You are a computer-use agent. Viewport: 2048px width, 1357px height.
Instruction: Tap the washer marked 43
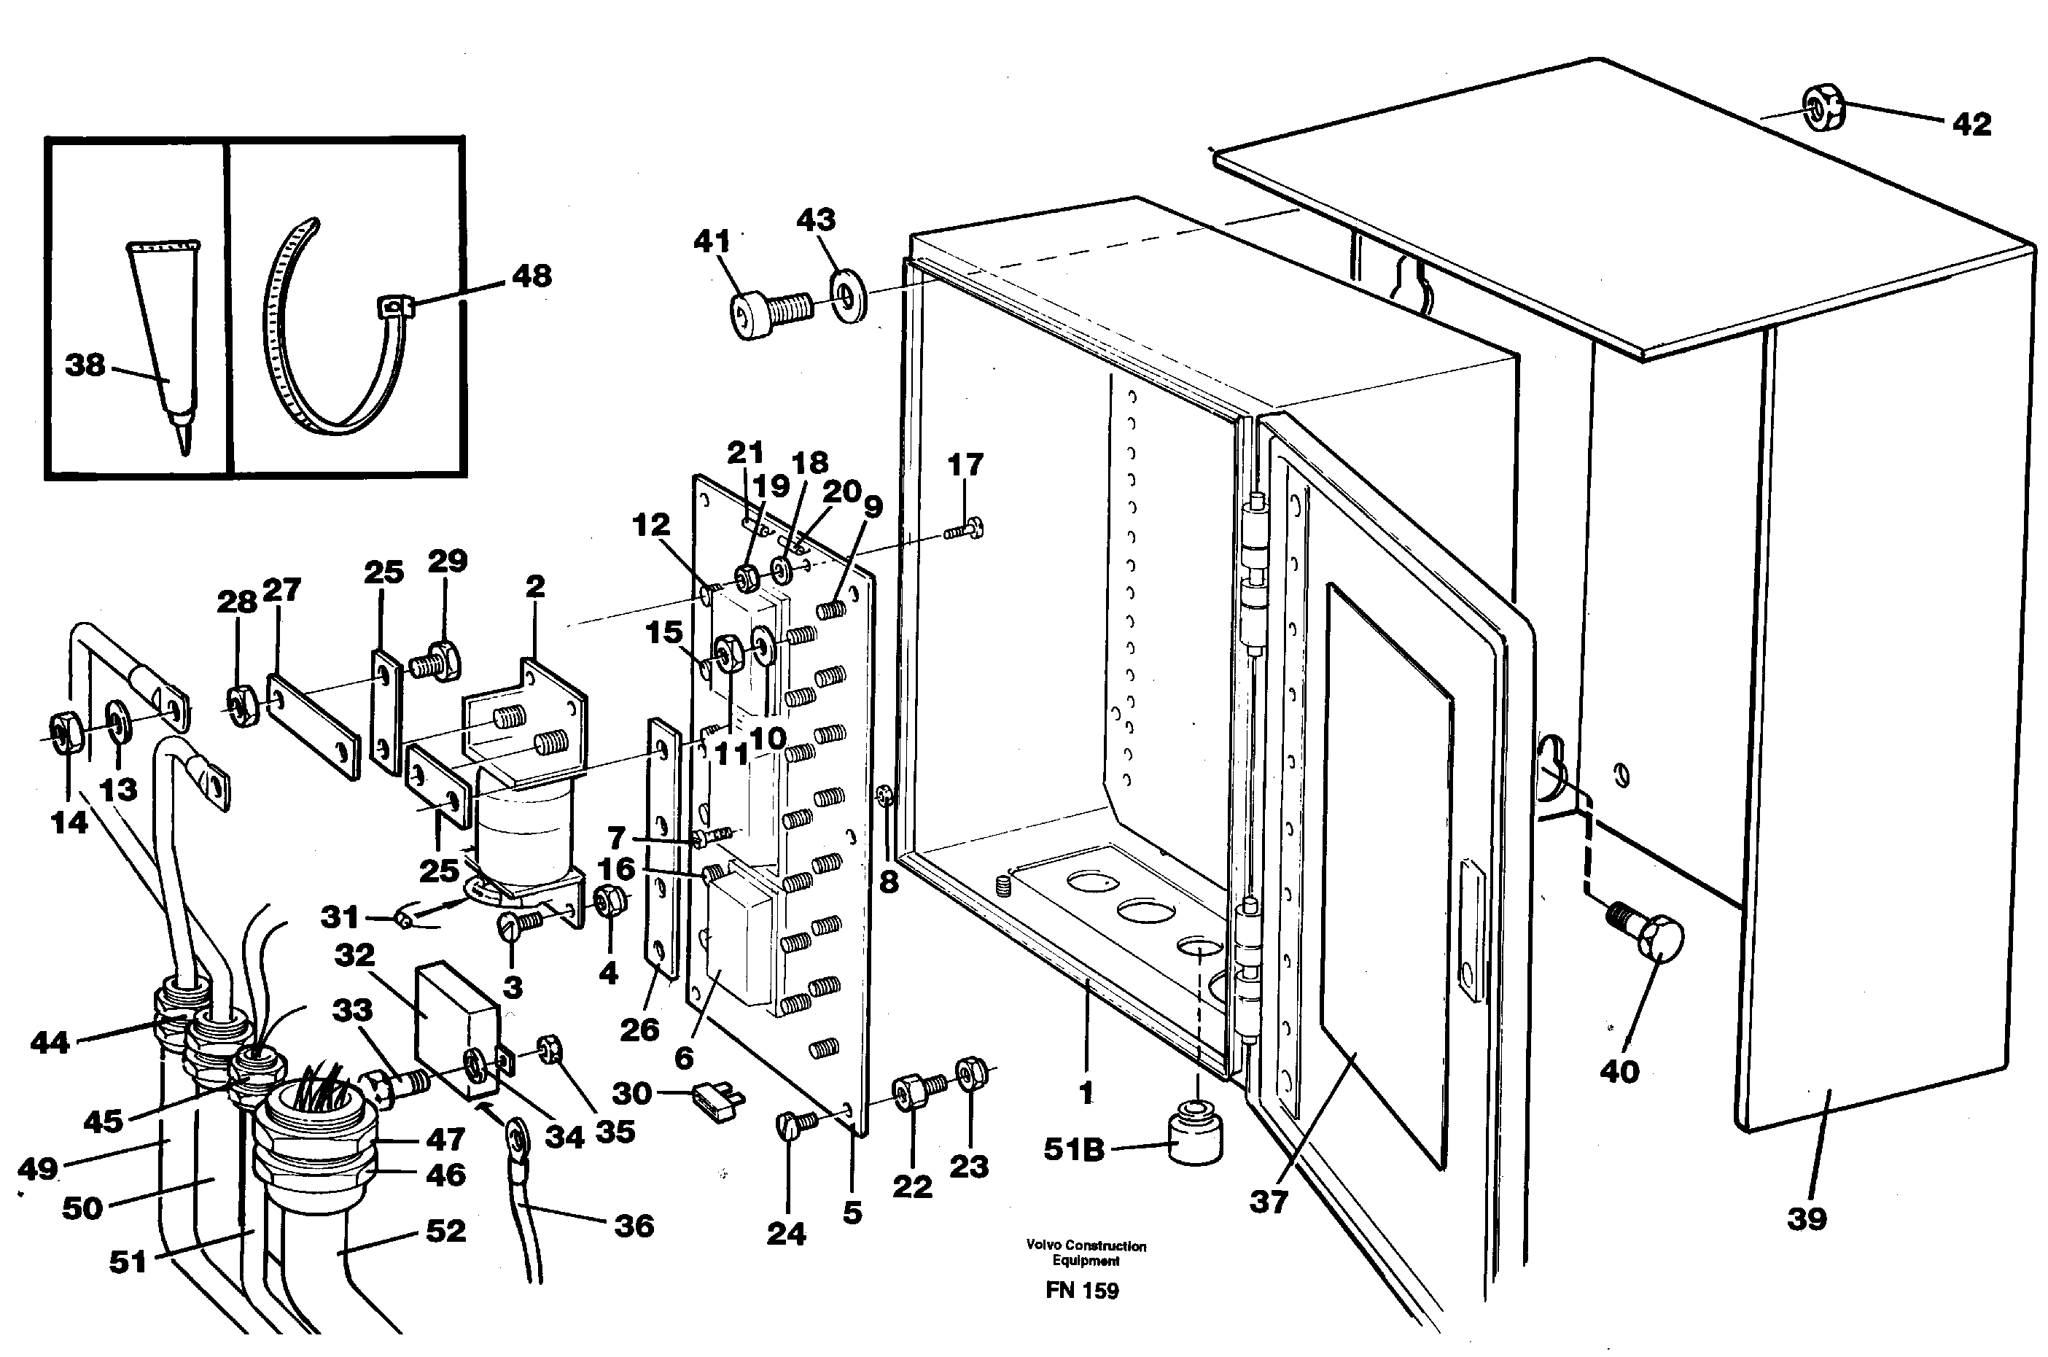click(849, 297)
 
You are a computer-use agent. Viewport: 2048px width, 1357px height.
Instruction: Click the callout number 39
click(1807, 1218)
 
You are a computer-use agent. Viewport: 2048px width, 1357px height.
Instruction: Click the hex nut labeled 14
click(64, 735)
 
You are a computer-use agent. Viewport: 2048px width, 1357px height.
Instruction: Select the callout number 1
click(1087, 1093)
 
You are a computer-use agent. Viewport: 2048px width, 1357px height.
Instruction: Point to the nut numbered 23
click(972, 1073)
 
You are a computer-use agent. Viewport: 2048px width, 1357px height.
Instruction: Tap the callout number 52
click(445, 1230)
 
